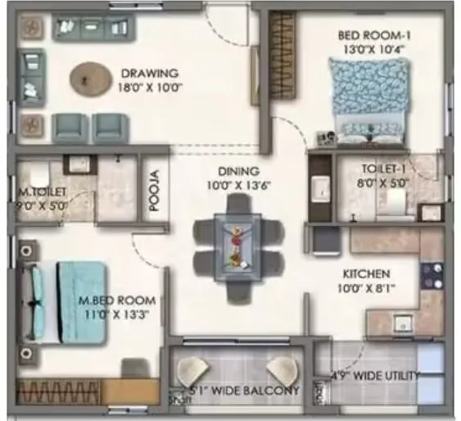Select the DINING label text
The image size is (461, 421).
pyautogui.click(x=238, y=171)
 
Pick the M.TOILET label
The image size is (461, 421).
pyautogui.click(x=43, y=193)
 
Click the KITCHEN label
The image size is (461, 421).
pyautogui.click(x=367, y=274)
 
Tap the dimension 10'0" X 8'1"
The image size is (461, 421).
pyautogui.click(x=367, y=288)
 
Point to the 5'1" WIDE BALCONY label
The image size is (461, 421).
pyautogui.click(x=245, y=389)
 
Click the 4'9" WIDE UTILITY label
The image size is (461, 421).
pyautogui.click(x=373, y=376)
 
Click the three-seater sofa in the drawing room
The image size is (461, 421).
pyautogui.click(x=93, y=28)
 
